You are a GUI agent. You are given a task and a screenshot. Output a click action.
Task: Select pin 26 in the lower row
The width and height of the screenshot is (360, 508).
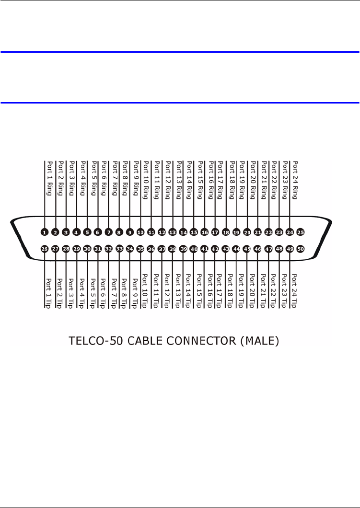click(44, 249)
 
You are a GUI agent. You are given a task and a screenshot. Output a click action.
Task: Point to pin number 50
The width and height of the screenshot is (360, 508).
click(301, 249)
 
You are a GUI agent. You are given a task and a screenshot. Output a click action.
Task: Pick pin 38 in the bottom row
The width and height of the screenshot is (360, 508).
click(172, 249)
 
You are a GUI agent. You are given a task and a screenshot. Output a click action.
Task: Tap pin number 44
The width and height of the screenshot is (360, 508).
click(236, 249)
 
